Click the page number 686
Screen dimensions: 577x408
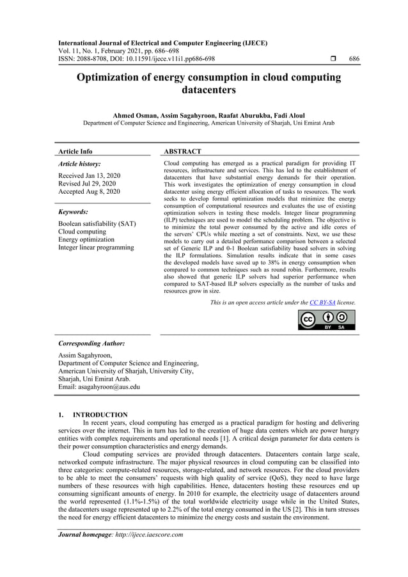click(x=354, y=59)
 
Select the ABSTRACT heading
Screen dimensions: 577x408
click(x=182, y=152)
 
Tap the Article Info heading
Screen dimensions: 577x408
click(x=75, y=152)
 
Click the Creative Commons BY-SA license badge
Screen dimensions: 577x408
click(x=327, y=319)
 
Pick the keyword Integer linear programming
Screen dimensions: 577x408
click(x=96, y=248)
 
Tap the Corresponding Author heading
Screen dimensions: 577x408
click(x=91, y=344)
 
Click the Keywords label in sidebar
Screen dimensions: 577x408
click(x=73, y=211)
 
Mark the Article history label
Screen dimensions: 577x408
click(x=79, y=164)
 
